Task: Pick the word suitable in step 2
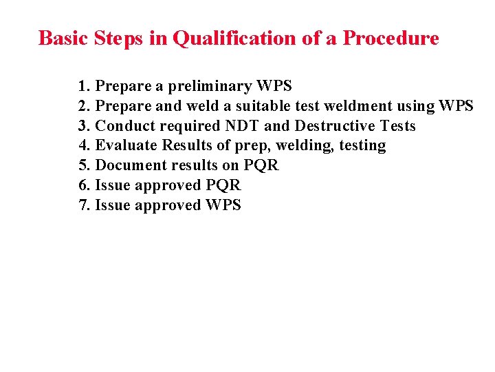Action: pyautogui.click(x=271, y=106)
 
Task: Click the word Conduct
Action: pyautogui.click(x=122, y=126)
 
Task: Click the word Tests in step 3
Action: pyautogui.click(x=397, y=126)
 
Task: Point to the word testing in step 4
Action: pyautogui.click(x=362, y=146)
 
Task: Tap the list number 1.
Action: pyautogui.click(x=84, y=86)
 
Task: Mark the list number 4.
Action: pyautogui.click(x=84, y=145)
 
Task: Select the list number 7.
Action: pyautogui.click(x=84, y=205)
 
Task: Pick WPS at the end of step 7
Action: pyautogui.click(x=223, y=205)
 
